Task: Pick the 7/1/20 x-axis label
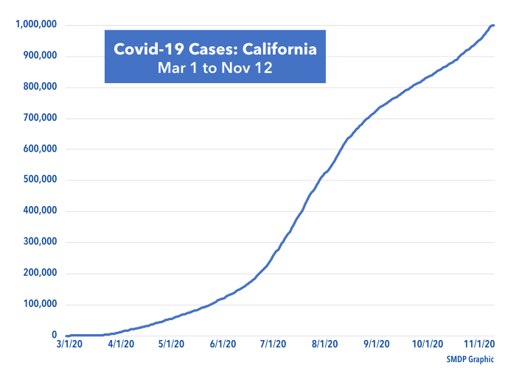click(x=273, y=344)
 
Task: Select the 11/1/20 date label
click(x=478, y=344)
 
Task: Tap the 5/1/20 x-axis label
click(x=171, y=344)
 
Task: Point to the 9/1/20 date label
click(x=377, y=344)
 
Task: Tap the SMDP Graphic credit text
click(x=470, y=358)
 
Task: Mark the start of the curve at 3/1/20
click(x=67, y=336)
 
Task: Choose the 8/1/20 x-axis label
click(x=325, y=344)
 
